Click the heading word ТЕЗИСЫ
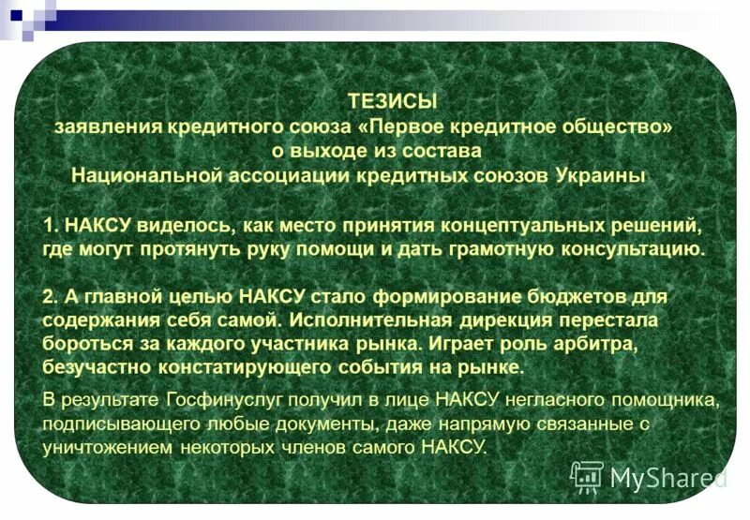click(x=392, y=100)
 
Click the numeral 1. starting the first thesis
click(x=52, y=226)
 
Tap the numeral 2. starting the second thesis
click(x=52, y=296)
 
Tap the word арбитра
click(x=602, y=343)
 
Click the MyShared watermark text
click(x=667, y=479)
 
